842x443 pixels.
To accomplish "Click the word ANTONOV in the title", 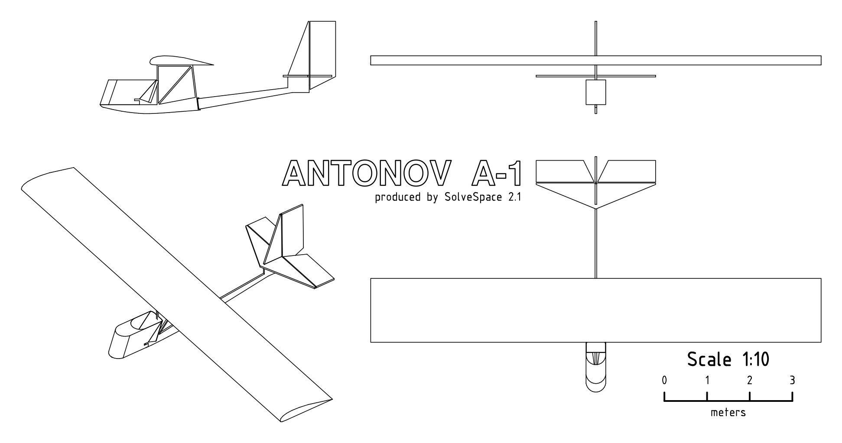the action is [x=364, y=173].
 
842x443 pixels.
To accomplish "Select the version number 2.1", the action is [x=512, y=197].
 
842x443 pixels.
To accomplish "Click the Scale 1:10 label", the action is [x=728, y=359].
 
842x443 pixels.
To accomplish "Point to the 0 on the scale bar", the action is [x=664, y=381].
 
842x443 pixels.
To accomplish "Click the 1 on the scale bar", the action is [x=707, y=381].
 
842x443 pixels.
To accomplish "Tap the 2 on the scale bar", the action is [x=750, y=381].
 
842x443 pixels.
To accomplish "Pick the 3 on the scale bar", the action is [x=793, y=381].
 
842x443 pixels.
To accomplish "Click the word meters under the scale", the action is [x=728, y=413].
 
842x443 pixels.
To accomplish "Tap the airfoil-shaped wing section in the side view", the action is [x=180, y=61].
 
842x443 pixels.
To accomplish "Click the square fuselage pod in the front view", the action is [x=596, y=92].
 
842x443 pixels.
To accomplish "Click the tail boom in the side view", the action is [x=243, y=96].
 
